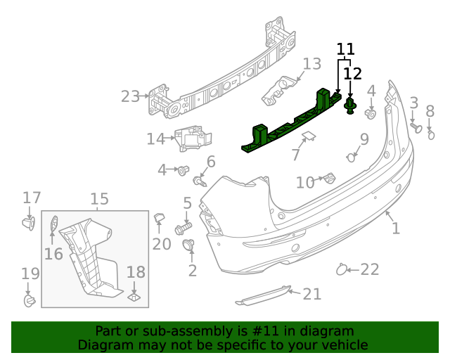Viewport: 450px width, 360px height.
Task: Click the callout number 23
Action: tap(130, 96)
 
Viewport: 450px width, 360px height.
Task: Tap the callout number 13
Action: tap(311, 65)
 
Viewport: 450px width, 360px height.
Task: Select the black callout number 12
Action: tap(352, 73)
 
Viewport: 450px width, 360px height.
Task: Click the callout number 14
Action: tap(155, 139)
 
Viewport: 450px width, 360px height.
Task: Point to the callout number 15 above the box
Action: tap(99, 200)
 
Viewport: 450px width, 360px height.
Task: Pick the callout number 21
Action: tap(311, 294)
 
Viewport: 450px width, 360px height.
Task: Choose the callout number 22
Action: tap(370, 269)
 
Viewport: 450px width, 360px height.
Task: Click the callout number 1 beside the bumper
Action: tap(395, 228)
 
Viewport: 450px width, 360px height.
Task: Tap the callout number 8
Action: tap(430, 111)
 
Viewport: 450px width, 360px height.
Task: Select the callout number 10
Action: tap(305, 183)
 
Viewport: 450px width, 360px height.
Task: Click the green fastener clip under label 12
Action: tap(350, 107)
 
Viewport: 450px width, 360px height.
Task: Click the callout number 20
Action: tap(162, 243)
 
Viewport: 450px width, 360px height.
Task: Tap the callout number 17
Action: tap(32, 198)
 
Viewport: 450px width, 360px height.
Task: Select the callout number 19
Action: tap(30, 274)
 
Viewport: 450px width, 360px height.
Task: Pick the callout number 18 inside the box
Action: tap(136, 272)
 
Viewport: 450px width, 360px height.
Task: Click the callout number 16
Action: tap(53, 253)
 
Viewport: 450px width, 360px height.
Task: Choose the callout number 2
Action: tap(192, 270)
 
